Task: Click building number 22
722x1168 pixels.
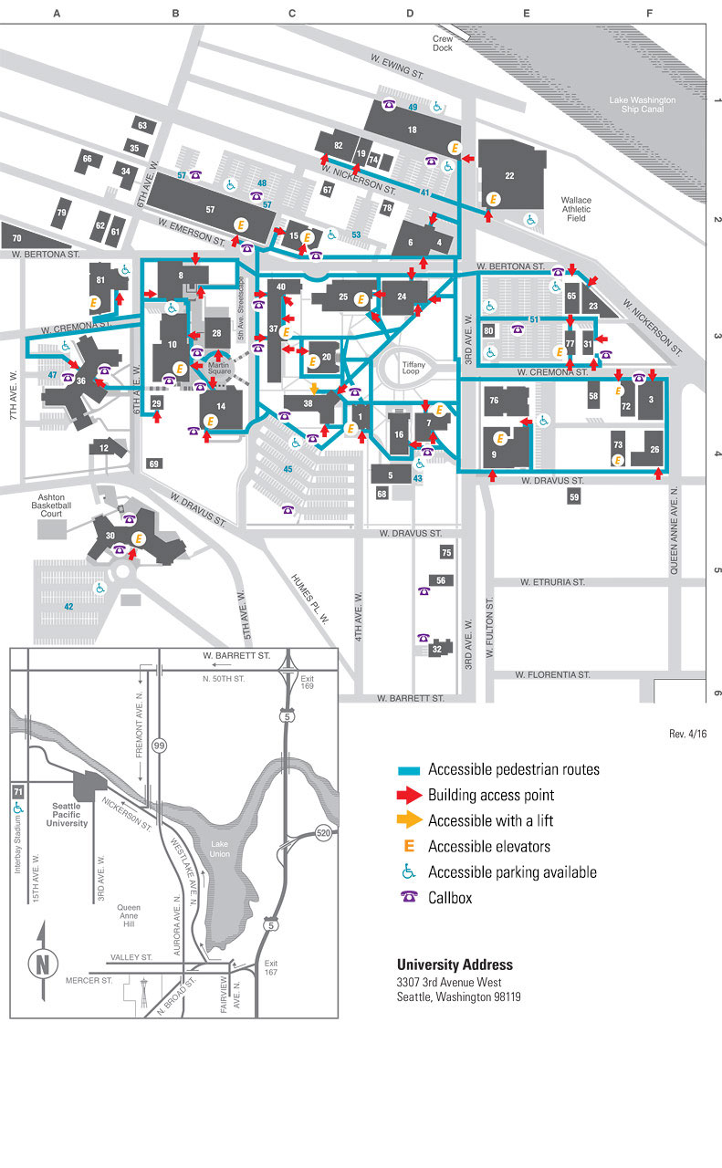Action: [x=510, y=175]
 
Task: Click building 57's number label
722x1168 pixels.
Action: [x=210, y=210]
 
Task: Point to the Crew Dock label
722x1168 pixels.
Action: [x=443, y=43]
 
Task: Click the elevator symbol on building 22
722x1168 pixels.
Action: [x=494, y=198]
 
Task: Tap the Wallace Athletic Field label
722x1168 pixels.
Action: [x=576, y=209]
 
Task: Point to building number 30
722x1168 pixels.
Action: [x=110, y=536]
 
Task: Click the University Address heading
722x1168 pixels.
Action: [x=455, y=965]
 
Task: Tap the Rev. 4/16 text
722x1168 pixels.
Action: [x=688, y=734]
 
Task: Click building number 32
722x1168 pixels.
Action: [x=437, y=649]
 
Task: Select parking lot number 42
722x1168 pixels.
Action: [x=68, y=606]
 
